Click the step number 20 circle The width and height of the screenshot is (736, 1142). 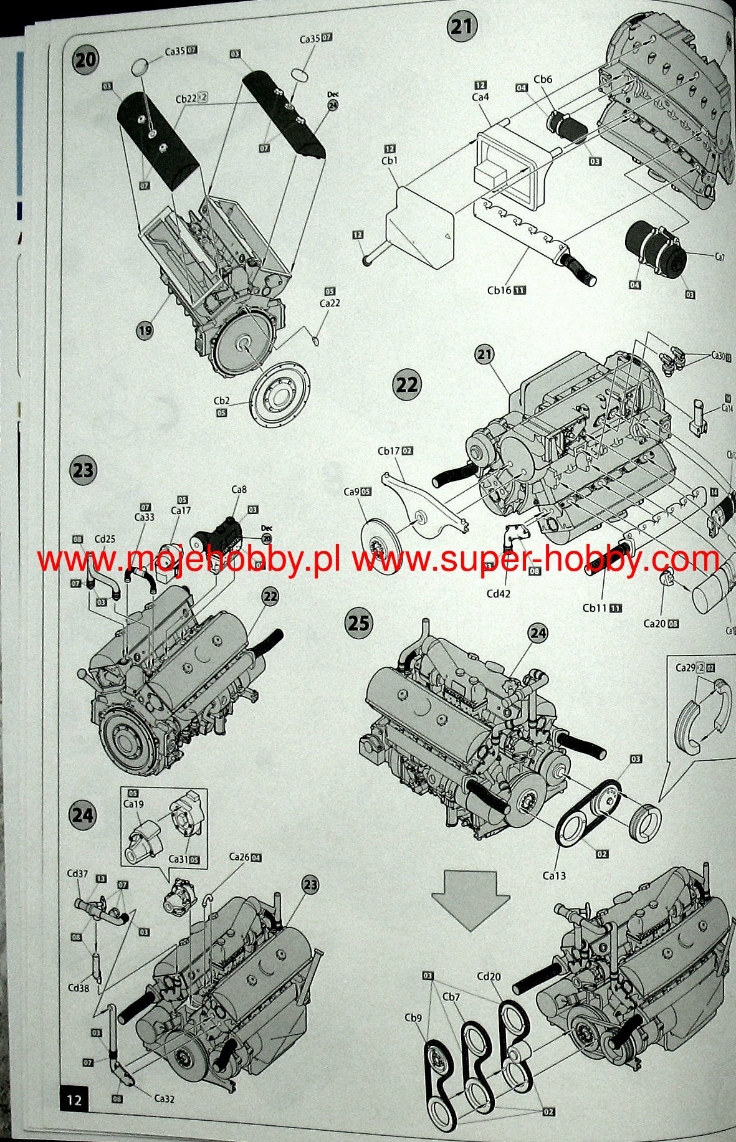[x=86, y=60]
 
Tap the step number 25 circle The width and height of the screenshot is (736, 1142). [x=358, y=622]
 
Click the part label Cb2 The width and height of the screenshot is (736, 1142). [x=222, y=401]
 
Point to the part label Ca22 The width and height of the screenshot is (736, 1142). [x=330, y=303]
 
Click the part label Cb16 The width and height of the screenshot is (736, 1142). [x=500, y=290]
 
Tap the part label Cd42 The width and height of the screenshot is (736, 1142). [x=498, y=594]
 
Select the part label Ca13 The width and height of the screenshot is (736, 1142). [x=554, y=875]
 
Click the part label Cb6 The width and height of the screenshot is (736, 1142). [x=542, y=79]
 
